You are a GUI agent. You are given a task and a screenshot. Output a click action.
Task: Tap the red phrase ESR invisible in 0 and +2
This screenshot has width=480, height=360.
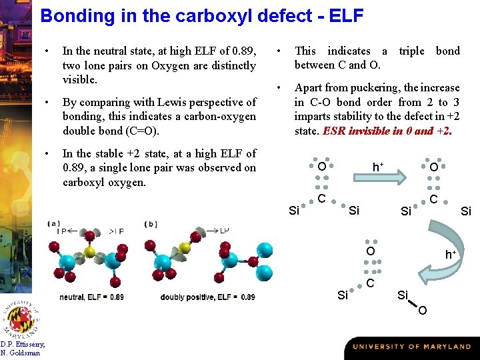pos(387,131)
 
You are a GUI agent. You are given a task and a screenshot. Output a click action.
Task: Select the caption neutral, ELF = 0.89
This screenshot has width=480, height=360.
pos(91,297)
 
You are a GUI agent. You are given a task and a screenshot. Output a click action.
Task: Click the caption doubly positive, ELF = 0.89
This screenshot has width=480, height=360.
pos(207,297)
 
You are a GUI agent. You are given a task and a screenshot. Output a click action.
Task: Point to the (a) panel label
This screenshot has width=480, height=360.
pos(53,223)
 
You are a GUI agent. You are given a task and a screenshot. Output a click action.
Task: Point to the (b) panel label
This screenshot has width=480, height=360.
pos(151,223)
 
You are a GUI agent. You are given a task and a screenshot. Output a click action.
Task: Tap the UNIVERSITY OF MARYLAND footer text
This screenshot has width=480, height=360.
pos(411,347)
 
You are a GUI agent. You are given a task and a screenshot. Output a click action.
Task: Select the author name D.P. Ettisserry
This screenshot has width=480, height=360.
pos(23,345)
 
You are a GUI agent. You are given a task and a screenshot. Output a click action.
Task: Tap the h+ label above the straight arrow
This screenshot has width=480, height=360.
pos(377,166)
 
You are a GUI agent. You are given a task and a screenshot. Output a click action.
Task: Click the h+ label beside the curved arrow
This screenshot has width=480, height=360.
pos(451,254)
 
